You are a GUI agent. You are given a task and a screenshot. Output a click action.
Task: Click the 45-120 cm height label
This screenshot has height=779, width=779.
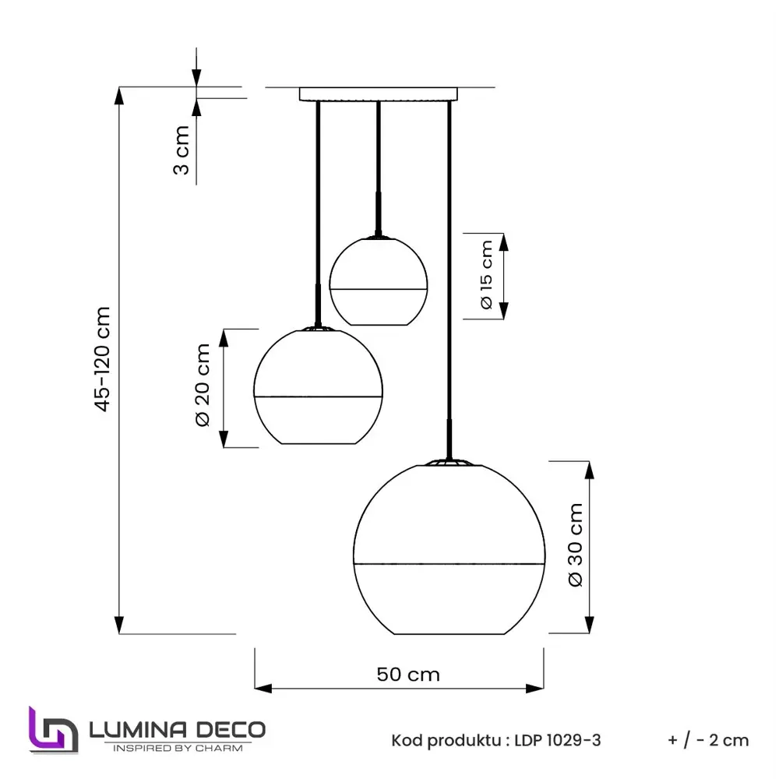click(x=103, y=358)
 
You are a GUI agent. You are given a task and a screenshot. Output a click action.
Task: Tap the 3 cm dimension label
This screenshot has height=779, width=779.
click(x=181, y=150)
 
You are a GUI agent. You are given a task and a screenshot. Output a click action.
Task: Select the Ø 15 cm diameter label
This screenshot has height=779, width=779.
click(x=487, y=276)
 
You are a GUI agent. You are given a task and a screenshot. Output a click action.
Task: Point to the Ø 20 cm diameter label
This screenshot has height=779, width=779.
click(x=203, y=385)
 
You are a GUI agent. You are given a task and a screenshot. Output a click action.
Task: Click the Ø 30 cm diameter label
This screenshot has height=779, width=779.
click(x=576, y=545)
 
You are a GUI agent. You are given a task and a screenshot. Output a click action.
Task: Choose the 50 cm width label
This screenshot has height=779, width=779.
click(x=408, y=674)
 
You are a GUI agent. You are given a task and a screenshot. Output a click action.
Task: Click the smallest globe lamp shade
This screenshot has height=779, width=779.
click(x=379, y=280)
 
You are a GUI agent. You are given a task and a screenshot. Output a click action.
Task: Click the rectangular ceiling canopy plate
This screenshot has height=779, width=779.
click(x=379, y=94)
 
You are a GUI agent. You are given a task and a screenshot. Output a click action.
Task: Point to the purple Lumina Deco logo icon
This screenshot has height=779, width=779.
click(x=53, y=731)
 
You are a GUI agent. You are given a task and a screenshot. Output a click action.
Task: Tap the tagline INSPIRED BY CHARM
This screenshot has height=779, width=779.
click(x=178, y=748)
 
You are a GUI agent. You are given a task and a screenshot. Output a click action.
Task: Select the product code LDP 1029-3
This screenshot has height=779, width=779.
click(x=558, y=740)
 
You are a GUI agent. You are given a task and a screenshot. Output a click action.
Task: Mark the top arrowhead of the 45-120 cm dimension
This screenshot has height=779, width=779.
click(x=119, y=96)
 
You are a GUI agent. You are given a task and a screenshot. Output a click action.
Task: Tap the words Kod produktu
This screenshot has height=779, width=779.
click(x=446, y=740)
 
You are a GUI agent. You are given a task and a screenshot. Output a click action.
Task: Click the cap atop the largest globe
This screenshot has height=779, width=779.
click(x=449, y=462)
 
